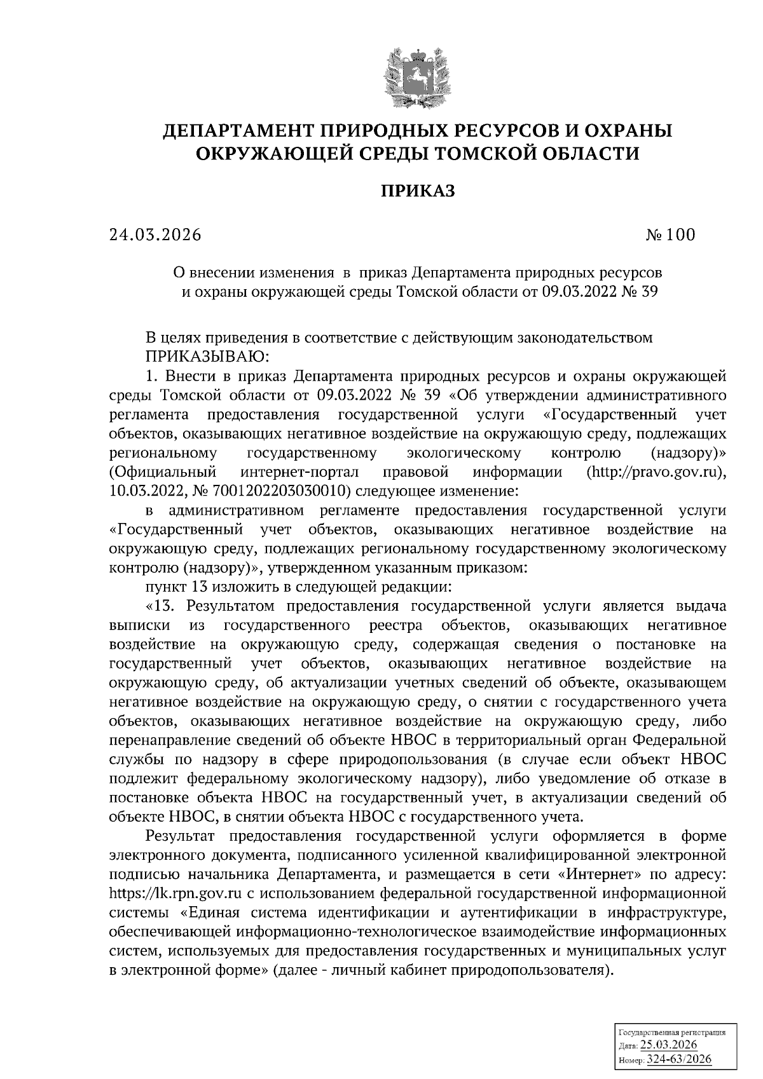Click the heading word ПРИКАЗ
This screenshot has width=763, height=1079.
418,191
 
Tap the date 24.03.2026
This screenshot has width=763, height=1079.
155,235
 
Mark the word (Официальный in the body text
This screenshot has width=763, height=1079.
163,472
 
